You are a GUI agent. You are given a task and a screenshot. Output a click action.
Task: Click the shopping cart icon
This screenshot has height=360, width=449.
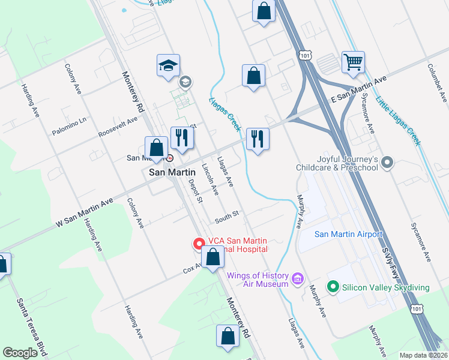pyautogui.click(x=353, y=61)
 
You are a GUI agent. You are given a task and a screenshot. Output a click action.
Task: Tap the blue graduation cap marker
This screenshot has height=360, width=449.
pyautogui.click(x=169, y=65)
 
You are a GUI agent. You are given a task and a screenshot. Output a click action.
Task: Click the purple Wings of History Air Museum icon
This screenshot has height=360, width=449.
pyautogui.click(x=297, y=278)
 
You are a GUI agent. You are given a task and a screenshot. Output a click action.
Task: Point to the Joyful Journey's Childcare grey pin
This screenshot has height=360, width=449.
pyautogui.click(x=387, y=162)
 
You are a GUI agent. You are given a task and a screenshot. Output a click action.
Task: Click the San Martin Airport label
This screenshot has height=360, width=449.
pyautogui.click(x=348, y=234)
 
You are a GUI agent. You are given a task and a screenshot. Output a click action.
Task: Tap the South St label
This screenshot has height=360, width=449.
pyautogui.click(x=228, y=214)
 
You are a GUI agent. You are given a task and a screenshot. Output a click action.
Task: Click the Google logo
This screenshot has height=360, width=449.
pyautogui.click(x=20, y=353)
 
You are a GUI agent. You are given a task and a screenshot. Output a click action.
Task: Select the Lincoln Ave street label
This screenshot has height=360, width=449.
pyautogui.click(x=209, y=180)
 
